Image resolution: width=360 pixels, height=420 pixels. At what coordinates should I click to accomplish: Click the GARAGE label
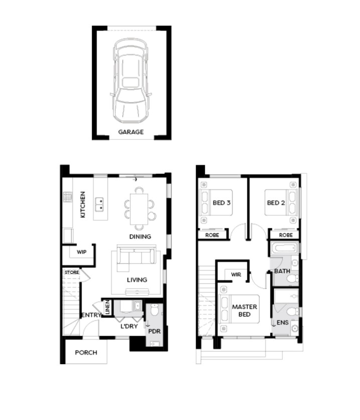pos(131,132)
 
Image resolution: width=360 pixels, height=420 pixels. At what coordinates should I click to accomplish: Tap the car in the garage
pos(131,81)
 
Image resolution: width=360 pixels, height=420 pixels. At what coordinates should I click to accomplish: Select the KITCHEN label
pos(83,204)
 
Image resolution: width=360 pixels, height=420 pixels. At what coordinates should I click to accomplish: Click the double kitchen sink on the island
pos(99,204)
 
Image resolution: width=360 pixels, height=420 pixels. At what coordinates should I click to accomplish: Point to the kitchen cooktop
pos(68,197)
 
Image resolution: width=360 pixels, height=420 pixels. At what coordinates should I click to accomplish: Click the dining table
pos(139,209)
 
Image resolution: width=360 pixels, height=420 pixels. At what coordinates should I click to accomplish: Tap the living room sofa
pos(136,258)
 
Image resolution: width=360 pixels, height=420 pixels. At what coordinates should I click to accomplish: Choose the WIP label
pos(81,252)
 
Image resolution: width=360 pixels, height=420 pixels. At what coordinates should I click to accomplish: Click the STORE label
pos(72,272)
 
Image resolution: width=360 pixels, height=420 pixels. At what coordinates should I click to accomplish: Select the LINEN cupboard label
pos(107,307)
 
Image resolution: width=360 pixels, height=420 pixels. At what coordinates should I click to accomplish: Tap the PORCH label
pos(86,353)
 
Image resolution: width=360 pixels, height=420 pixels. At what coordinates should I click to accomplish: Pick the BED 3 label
pos(221,203)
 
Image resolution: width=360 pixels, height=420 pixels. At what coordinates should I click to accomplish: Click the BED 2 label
pos(276,203)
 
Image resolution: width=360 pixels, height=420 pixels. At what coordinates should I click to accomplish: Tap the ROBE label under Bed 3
pos(212,235)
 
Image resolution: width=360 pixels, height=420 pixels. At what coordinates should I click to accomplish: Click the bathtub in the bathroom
pos(284,248)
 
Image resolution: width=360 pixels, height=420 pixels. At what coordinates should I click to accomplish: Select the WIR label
pos(236,274)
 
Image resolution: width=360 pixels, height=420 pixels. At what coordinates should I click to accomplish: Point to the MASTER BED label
pos(245,310)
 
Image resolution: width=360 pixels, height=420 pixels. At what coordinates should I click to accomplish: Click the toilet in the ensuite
pos(293,311)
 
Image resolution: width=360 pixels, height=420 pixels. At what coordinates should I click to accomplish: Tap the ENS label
pos(282,323)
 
